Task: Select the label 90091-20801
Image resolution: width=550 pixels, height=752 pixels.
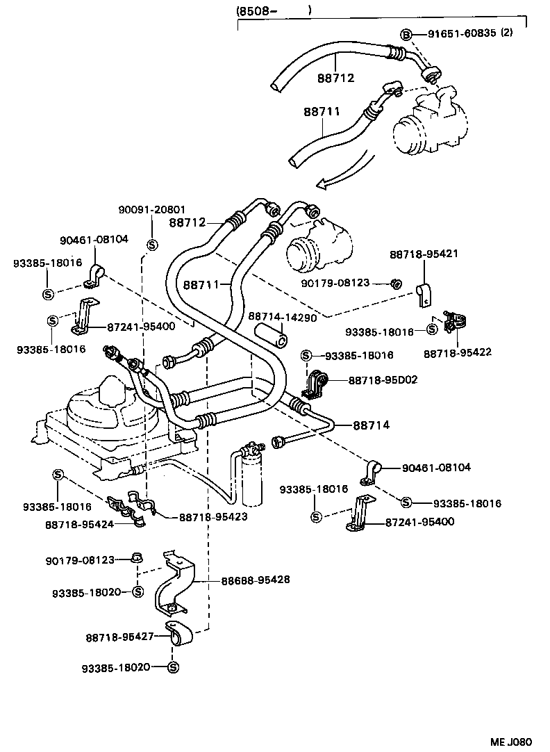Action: coord(152,209)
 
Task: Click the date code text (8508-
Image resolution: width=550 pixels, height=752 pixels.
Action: coord(257,10)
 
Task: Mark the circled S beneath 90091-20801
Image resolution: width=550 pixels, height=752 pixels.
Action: coord(152,244)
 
